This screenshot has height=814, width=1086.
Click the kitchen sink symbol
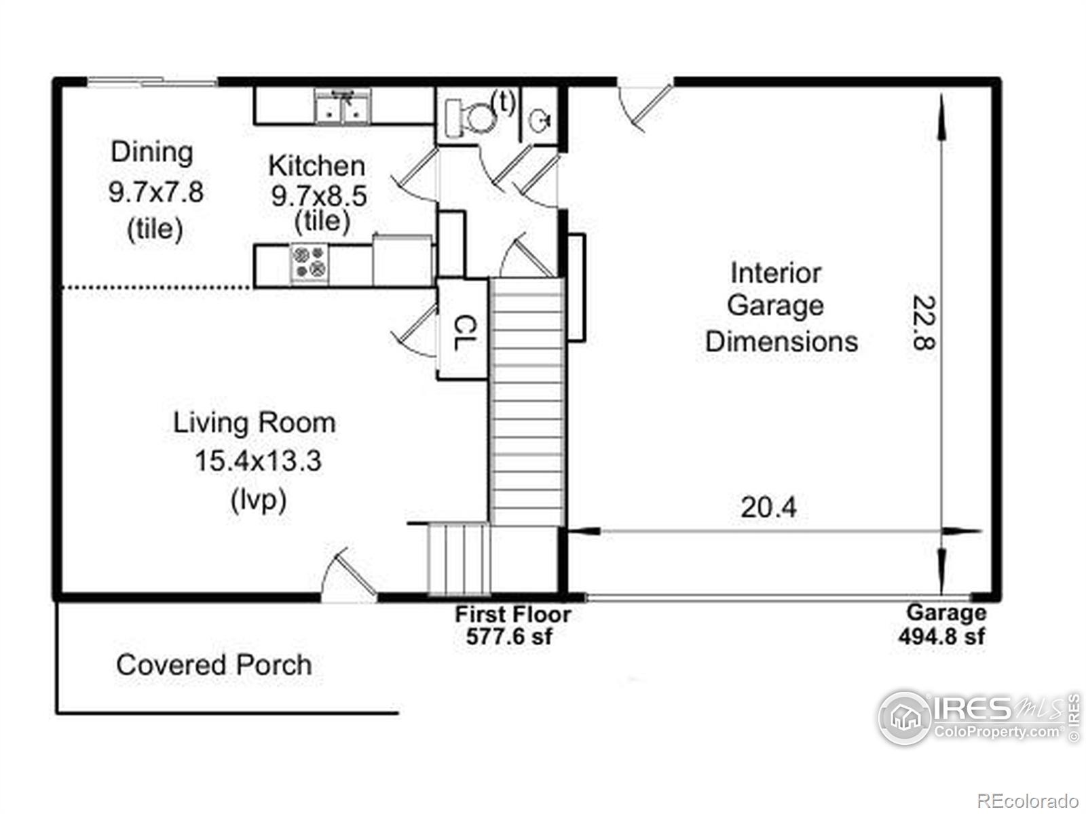(342, 106)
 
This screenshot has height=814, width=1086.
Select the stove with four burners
(309, 263)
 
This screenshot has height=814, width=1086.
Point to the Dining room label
(152, 152)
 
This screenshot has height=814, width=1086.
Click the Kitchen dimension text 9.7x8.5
(318, 196)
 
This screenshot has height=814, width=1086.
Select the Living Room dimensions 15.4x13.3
(258, 461)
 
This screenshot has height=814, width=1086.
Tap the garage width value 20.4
(768, 507)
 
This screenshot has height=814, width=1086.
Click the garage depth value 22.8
(923, 323)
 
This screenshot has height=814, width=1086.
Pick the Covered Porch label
(214, 665)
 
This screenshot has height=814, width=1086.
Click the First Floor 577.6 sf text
(512, 625)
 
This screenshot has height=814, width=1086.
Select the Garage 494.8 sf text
(943, 624)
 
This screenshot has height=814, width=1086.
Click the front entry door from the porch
(349, 576)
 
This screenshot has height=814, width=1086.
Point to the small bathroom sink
(540, 120)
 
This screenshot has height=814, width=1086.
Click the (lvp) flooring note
(259, 500)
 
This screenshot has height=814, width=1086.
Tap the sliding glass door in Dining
(152, 81)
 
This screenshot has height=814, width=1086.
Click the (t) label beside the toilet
(504, 102)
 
